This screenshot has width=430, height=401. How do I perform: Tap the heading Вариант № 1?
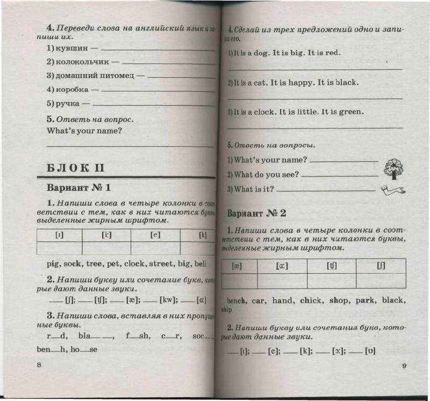(x=78, y=188)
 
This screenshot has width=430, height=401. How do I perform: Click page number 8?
(x=39, y=365)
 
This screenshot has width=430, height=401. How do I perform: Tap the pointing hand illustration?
(x=392, y=189)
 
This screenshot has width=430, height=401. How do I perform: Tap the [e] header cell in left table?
(x=155, y=235)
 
